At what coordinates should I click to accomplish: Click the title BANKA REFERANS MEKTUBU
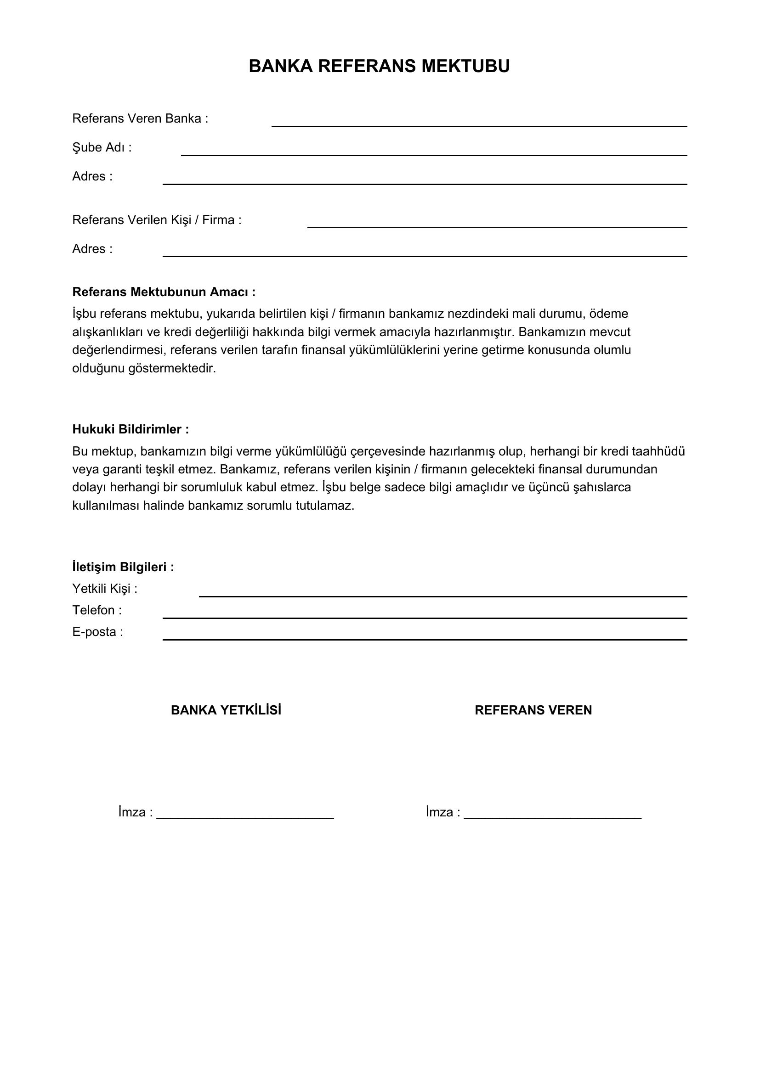pos(379,67)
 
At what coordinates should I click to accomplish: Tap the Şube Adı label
pos(102,148)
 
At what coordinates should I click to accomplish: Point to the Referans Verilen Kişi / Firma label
pos(157,220)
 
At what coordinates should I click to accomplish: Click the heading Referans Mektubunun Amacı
pos(164,292)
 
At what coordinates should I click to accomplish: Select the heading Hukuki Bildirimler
pos(130,429)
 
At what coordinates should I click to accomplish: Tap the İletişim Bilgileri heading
pos(123,567)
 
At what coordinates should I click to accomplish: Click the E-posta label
pos(97,632)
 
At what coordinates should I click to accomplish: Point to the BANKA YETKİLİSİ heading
pos(226,710)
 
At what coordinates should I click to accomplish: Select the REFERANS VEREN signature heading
pos(533,710)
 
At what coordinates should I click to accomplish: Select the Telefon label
pos(96,610)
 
